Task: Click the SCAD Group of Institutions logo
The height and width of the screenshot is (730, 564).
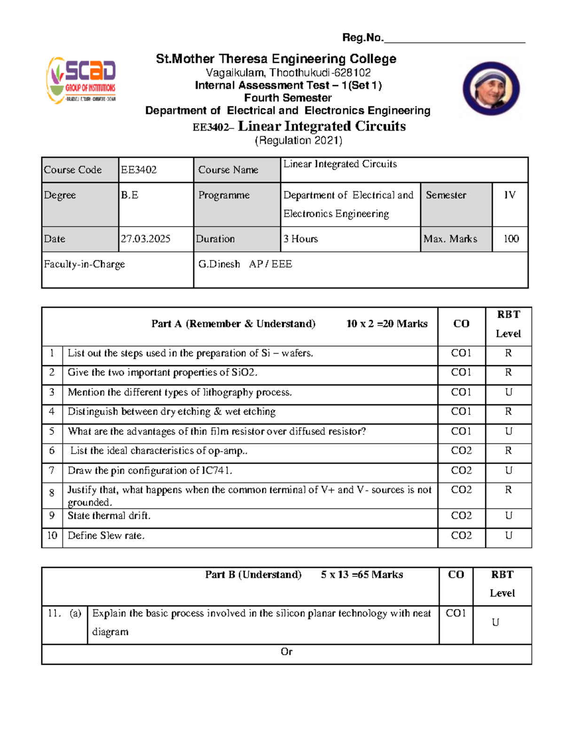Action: pos(81,80)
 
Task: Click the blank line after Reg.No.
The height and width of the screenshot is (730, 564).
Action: pos(454,39)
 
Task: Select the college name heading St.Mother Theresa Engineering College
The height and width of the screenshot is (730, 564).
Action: pos(276,59)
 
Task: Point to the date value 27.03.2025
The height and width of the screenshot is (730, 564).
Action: pos(146,239)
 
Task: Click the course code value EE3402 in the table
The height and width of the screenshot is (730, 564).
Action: pos(139,170)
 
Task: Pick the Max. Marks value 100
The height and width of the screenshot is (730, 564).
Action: pos(511,239)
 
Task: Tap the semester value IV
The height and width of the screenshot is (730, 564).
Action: pos(509,195)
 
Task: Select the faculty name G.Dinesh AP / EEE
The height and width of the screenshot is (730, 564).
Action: pos(245,264)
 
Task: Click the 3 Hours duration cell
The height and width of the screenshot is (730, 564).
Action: pos(300,239)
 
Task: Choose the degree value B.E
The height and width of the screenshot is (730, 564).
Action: pos(129,195)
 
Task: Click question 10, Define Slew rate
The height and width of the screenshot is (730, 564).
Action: pos(106,535)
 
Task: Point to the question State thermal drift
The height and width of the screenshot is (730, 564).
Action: pos(109,516)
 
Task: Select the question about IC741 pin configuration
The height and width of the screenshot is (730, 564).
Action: pos(150,471)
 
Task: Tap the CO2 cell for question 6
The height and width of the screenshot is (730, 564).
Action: pos(461,451)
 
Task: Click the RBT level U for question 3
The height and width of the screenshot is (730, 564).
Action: pos(508,392)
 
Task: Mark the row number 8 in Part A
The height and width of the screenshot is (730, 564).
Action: pos(52,493)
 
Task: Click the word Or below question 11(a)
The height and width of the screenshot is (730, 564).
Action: pos(286,652)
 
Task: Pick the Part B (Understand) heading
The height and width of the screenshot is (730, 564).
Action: pos(253,574)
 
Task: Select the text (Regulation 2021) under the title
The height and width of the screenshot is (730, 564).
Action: pos(298,141)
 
